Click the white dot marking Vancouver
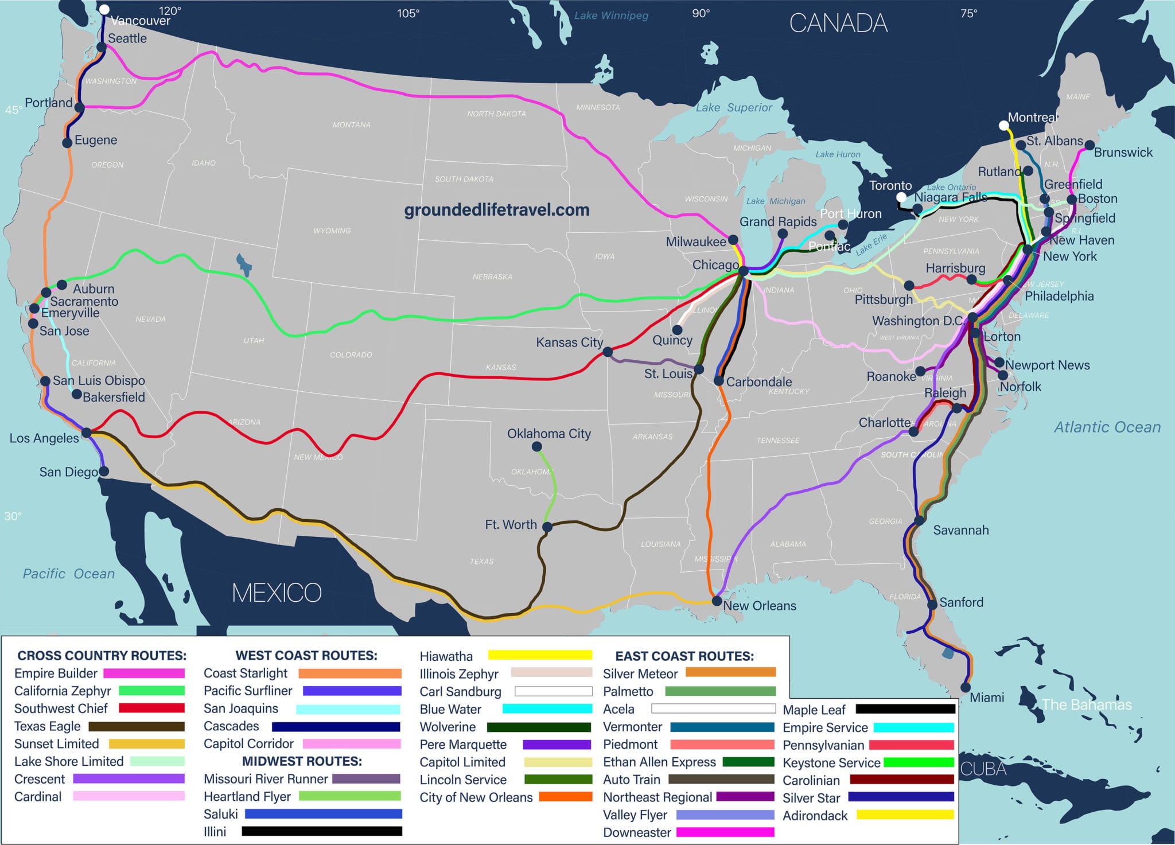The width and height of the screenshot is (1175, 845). [x=104, y=9]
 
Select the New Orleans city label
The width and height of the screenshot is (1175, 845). [x=760, y=606]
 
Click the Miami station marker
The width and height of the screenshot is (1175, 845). [x=966, y=687]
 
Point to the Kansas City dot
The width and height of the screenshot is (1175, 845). [x=608, y=352]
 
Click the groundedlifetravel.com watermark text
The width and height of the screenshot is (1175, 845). [x=497, y=210]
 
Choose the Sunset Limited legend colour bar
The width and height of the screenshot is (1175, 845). [x=146, y=744]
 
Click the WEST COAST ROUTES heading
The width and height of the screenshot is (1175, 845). [x=306, y=656]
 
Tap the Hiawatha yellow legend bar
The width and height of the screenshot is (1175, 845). [x=540, y=655]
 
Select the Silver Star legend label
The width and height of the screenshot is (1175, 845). [x=811, y=798]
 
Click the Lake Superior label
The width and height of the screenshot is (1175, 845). [x=734, y=107]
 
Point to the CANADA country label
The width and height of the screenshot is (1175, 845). [x=838, y=24]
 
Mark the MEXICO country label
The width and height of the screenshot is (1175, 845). [x=277, y=593]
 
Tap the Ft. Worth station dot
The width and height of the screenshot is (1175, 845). [x=547, y=527]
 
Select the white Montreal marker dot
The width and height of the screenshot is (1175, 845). [x=1003, y=126]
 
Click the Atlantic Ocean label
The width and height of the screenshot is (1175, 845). [x=1107, y=427]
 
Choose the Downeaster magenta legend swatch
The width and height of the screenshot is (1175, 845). [x=725, y=832]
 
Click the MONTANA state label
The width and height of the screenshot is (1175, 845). [x=351, y=125]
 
